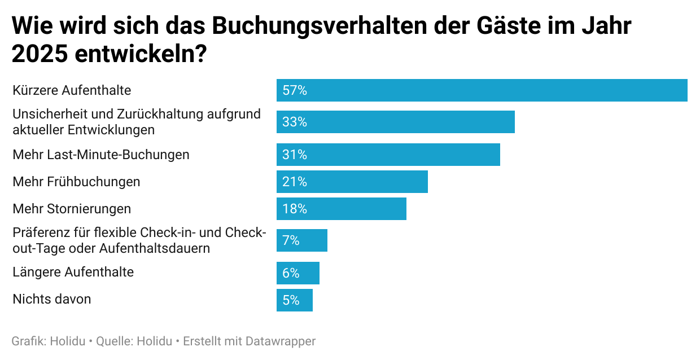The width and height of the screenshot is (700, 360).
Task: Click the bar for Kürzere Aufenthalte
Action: pyautogui.click(x=482, y=90)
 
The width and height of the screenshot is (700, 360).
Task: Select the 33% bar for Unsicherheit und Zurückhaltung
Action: pyautogui.click(x=395, y=122)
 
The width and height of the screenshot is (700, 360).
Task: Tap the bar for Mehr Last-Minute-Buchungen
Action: pyautogui.click(x=388, y=155)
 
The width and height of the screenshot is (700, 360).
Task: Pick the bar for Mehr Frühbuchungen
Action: pyautogui.click(x=352, y=182)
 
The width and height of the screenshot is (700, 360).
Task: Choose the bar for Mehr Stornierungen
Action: pyautogui.click(x=341, y=209)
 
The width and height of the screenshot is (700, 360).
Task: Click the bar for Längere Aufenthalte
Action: pyautogui.click(x=297, y=273)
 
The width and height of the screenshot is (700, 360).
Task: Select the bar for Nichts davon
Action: pyautogui.click(x=294, y=300)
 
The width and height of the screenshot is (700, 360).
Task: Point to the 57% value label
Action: pyautogui.click(x=294, y=90)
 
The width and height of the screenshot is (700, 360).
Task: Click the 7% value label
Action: pyautogui.click(x=291, y=240)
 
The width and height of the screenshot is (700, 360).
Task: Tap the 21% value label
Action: pyautogui.click(x=294, y=182)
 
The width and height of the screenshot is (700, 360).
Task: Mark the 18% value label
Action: pyautogui.click(x=294, y=209)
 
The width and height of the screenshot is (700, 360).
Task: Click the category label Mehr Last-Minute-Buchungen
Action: pyautogui.click(x=101, y=155)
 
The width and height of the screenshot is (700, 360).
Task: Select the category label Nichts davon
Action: pyautogui.click(x=52, y=299)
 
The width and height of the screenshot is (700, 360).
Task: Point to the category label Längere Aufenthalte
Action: pyautogui.click(x=73, y=272)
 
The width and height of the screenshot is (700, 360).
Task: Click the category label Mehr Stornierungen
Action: pyautogui.click(x=72, y=209)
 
